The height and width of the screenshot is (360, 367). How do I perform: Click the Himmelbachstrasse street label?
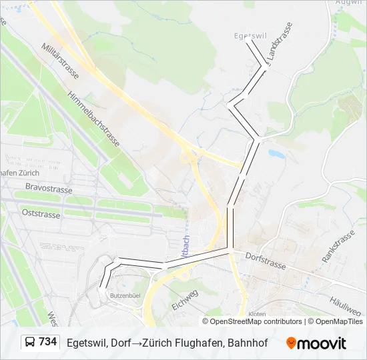pyautogui.click(x=93, y=119)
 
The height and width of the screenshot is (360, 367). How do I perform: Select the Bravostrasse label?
pyautogui.click(x=49, y=188)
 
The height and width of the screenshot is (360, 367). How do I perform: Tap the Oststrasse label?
pyautogui.click(x=41, y=214)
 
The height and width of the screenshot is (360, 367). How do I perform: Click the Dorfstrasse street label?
pyautogui.click(x=266, y=261)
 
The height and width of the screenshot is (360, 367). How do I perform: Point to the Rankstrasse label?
pyautogui.click(x=338, y=246)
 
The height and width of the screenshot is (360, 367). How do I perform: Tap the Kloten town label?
pyautogui.click(x=257, y=313)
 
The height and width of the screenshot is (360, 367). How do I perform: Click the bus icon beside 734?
pyautogui.click(x=29, y=343)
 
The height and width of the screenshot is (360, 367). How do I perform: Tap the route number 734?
pyautogui.click(x=48, y=342)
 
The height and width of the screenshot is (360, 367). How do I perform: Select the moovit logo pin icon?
pyautogui.click(x=291, y=343)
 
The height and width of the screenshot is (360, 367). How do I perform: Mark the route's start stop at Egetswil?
pyautogui.click(x=248, y=39)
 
